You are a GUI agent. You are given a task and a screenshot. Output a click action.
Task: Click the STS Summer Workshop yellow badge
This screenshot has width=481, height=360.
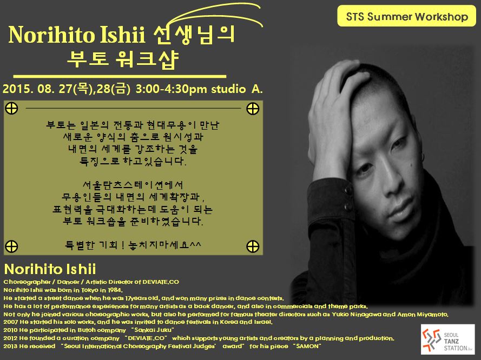click(x=406, y=16)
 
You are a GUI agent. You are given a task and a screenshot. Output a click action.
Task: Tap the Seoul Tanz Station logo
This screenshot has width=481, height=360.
click(x=447, y=339)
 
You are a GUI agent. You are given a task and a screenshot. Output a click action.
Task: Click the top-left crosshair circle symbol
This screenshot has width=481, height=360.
click(x=12, y=109)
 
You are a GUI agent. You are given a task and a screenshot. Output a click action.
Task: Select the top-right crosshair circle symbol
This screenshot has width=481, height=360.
click(x=253, y=109)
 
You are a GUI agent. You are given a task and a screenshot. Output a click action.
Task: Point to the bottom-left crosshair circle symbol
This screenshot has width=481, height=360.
click(x=12, y=246)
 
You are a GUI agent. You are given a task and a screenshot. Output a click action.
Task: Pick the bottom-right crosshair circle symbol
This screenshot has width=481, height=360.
click(x=253, y=246)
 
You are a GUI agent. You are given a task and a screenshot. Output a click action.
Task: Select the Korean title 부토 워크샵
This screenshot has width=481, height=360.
click(x=123, y=59)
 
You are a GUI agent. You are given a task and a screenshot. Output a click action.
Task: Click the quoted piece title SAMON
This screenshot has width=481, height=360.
click(x=307, y=346)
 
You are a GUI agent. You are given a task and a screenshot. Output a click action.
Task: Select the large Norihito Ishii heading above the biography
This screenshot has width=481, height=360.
click(x=50, y=269)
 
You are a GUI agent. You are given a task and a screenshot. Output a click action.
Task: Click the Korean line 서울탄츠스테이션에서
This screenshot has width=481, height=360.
click(x=133, y=185)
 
